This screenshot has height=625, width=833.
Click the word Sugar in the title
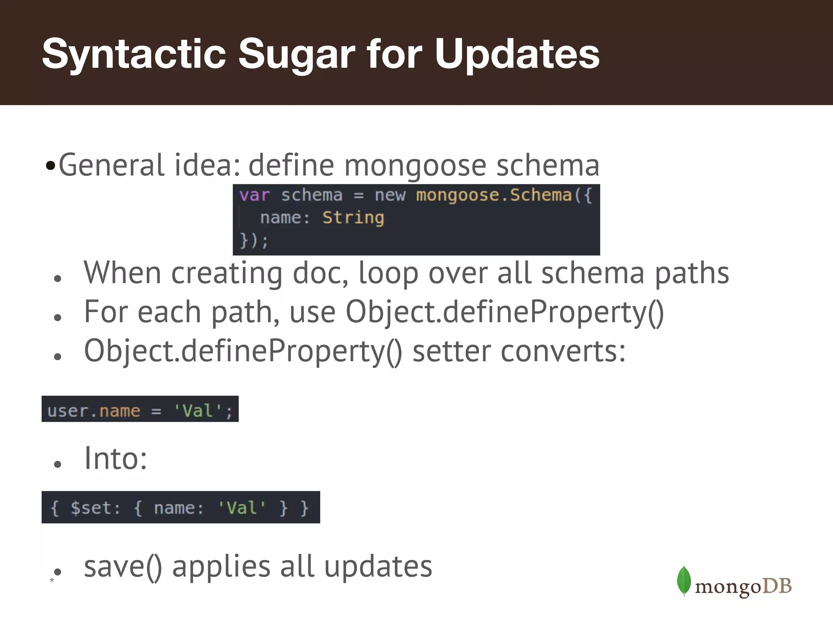297,54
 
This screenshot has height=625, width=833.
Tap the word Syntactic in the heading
134,54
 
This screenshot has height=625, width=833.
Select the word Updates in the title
517,54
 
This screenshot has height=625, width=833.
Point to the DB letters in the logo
777,586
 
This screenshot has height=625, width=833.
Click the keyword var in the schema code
254,195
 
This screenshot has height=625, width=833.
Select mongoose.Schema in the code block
494,195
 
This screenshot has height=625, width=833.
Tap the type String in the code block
353,218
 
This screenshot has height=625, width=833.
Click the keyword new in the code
390,195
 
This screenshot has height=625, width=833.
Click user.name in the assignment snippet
94,411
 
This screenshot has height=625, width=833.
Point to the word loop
388,273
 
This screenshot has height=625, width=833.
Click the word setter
451,351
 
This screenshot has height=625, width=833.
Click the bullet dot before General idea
50,166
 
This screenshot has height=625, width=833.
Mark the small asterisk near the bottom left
52,580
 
